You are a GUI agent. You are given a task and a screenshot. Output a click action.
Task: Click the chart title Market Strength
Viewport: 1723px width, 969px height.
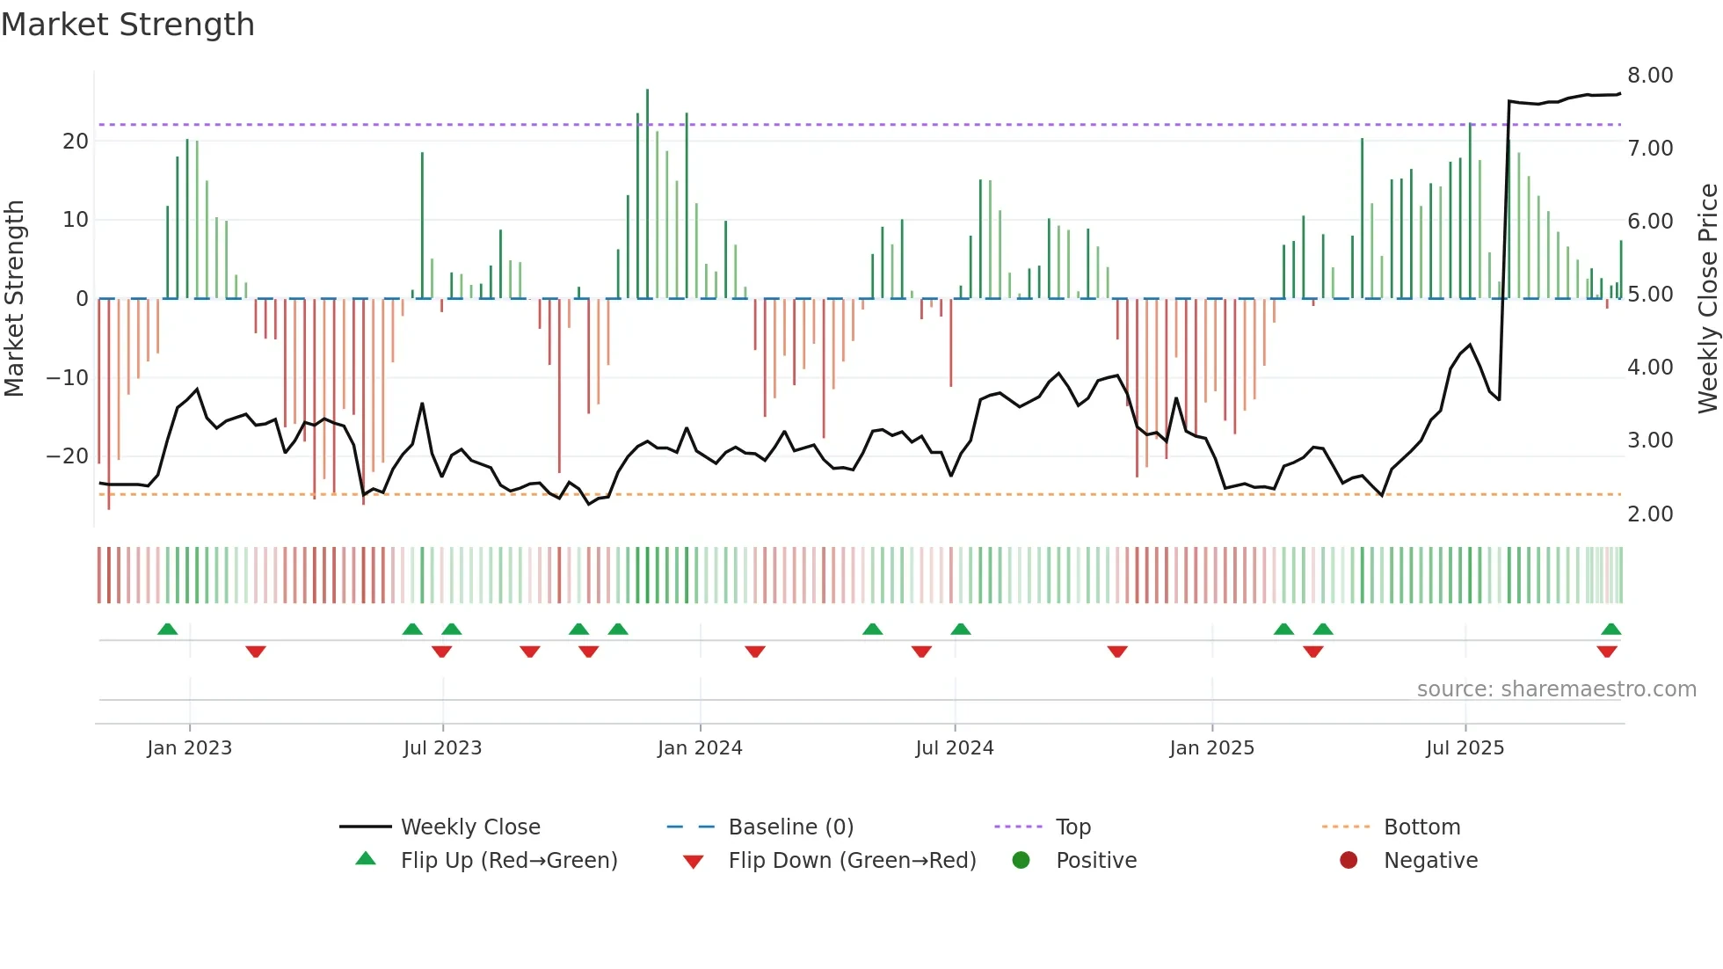coord(128,25)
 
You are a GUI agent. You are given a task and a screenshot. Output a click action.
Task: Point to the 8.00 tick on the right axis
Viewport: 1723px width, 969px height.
coord(1650,76)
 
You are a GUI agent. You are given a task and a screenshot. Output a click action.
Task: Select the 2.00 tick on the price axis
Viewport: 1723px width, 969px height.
coord(1650,514)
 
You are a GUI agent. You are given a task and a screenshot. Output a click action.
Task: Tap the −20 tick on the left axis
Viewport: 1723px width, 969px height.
coord(67,456)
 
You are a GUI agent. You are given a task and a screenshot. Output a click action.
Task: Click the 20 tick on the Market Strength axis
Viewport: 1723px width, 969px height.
coord(76,142)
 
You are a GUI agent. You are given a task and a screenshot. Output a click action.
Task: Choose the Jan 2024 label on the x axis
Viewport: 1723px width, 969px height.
coord(700,748)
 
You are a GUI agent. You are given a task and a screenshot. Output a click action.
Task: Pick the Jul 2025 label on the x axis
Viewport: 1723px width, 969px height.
coord(1465,748)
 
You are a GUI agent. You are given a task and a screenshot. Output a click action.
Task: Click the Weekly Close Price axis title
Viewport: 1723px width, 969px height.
coord(1707,299)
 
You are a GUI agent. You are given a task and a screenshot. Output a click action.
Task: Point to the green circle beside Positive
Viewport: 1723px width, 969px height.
coord(1021,861)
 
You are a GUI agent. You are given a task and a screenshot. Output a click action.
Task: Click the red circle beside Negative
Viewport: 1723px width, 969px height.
coord(1349,861)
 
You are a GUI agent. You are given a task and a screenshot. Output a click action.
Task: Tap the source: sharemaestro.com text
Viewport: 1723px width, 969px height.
coord(1556,689)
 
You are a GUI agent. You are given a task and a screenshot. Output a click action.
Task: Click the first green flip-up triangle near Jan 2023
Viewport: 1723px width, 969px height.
coord(167,630)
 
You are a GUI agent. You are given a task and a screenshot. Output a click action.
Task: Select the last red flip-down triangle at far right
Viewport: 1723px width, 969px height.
coord(1607,652)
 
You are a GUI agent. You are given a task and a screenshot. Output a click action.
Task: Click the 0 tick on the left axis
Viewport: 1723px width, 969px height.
coord(82,299)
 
